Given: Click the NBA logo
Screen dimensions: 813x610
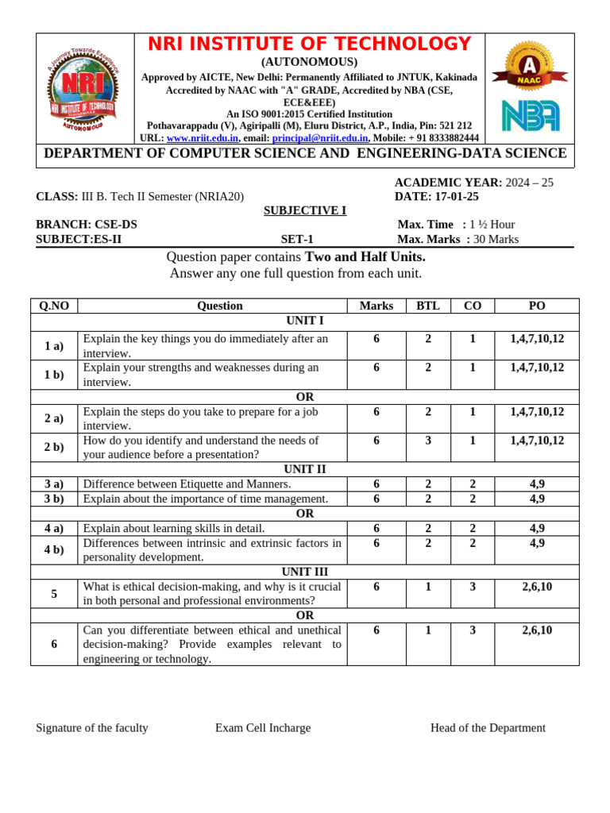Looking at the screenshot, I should (530, 115).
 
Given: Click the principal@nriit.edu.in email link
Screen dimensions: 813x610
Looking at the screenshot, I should (319, 137).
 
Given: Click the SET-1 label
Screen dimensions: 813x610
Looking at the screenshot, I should (297, 239).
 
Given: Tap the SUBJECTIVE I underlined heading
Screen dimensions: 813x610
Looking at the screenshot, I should (305, 210).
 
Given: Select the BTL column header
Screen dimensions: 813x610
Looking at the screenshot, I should (428, 306).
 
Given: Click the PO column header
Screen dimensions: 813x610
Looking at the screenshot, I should (537, 306).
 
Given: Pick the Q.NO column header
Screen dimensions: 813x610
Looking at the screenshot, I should (54, 306).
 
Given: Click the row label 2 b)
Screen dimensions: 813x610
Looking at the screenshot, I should (54, 447).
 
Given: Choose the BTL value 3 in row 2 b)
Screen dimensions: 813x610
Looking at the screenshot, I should (428, 441).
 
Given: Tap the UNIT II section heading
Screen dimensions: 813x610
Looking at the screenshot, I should (305, 469).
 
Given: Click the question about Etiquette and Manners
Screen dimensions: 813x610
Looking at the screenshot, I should (187, 484).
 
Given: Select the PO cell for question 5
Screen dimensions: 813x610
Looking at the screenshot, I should (537, 586).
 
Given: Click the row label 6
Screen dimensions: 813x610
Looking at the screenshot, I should (54, 644).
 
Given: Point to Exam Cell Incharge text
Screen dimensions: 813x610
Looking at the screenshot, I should (263, 728).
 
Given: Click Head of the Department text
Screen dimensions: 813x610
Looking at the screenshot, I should (488, 728).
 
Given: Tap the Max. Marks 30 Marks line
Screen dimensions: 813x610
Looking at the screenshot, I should (458, 239).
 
